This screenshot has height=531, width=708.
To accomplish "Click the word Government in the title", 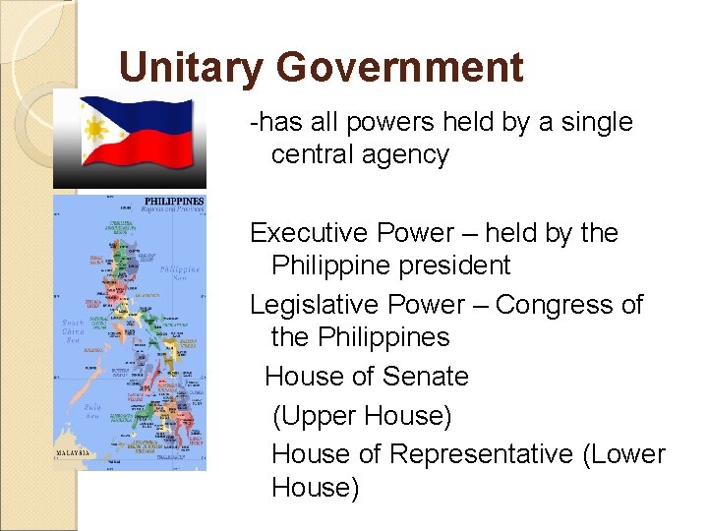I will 400,69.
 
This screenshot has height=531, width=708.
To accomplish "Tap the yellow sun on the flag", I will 96,128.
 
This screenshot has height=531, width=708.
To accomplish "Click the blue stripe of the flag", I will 147,110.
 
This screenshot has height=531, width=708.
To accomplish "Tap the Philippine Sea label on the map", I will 180,272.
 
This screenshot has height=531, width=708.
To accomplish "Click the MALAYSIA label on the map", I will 71,452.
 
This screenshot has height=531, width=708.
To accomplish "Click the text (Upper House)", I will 362,416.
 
